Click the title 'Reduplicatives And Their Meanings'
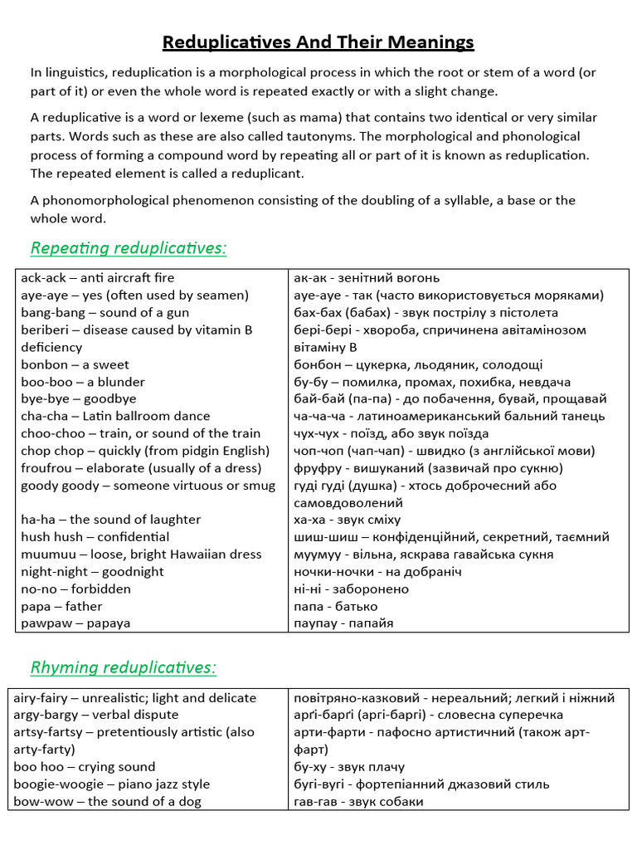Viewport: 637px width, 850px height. [318, 42]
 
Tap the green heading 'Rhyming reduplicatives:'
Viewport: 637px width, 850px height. [124, 667]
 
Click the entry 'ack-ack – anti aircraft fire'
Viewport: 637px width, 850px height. [98, 278]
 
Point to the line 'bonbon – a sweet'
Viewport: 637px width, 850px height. [75, 364]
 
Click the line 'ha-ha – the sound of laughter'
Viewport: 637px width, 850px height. [110, 520]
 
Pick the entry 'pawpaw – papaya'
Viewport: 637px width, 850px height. [75, 623]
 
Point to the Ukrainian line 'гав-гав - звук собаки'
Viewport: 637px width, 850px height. [358, 802]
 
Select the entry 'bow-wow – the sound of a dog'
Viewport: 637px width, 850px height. [107, 802]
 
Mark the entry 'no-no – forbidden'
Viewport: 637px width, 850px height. [76, 589]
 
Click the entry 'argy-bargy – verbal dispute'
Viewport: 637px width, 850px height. [95, 715]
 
